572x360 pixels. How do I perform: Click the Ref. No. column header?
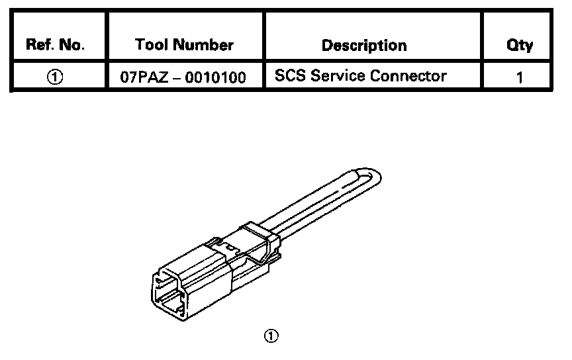click(56, 46)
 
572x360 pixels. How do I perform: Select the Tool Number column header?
click(184, 46)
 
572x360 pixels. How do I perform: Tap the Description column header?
click(363, 46)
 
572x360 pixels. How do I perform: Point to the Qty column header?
click(520, 46)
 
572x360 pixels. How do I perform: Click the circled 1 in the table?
click(56, 77)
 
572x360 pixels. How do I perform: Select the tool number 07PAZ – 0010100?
click(183, 77)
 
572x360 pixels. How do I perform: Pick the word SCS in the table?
click(291, 76)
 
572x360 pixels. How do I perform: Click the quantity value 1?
click(520, 77)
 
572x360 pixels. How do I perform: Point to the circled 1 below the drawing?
click(271, 336)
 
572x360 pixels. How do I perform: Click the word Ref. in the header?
click(38, 46)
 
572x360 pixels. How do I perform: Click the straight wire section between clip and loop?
click(311, 205)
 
